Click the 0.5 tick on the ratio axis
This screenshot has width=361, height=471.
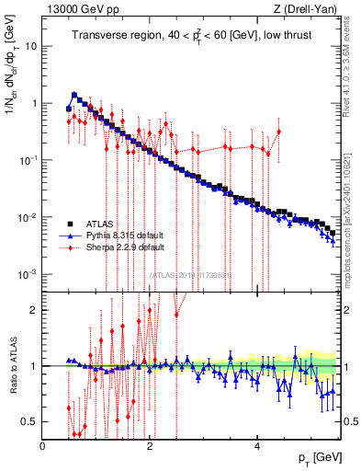pos(28,421)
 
